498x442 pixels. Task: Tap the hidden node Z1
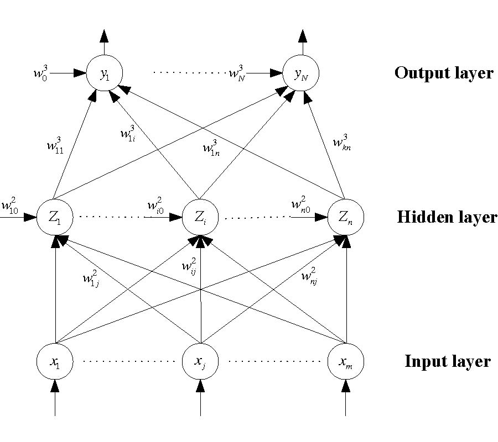[x=55, y=217]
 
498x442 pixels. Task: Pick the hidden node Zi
[x=200, y=217]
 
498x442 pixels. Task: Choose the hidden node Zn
[x=345, y=217]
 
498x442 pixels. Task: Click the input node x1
[x=55, y=362]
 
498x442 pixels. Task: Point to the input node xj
[x=200, y=362]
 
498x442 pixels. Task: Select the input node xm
[x=346, y=362]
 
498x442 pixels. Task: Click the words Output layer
[x=444, y=73]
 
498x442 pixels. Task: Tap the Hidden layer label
[x=447, y=217]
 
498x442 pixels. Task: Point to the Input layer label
[x=447, y=362]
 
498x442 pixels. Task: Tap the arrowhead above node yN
[x=302, y=35]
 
